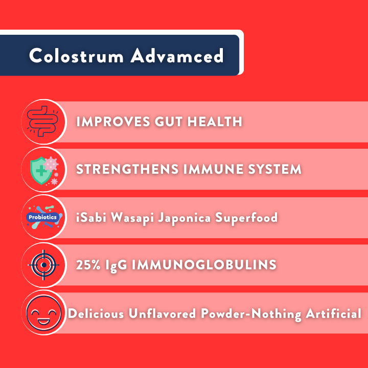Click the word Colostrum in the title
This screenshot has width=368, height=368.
(76, 55)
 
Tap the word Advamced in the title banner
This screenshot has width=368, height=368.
(177, 55)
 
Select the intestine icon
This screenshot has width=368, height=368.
(43, 121)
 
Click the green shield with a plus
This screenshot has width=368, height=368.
(40, 170)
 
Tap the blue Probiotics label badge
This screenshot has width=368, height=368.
(42, 217)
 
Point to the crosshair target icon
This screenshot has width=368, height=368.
(43, 265)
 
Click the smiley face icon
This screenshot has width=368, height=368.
(43, 313)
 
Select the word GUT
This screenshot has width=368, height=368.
(169, 122)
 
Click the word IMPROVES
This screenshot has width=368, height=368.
(113, 122)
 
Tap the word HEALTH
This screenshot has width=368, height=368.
(215, 122)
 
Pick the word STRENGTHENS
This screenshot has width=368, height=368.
(127, 169)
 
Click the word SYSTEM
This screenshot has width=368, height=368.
(274, 169)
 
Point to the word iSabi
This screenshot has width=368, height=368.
(91, 217)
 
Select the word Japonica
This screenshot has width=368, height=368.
(185, 218)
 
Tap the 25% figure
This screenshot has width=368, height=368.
(88, 265)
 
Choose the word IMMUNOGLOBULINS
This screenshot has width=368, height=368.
(204, 265)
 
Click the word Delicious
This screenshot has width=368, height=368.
(96, 313)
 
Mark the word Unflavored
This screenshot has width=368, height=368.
(162, 313)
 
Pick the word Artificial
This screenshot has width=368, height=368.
(333, 313)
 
